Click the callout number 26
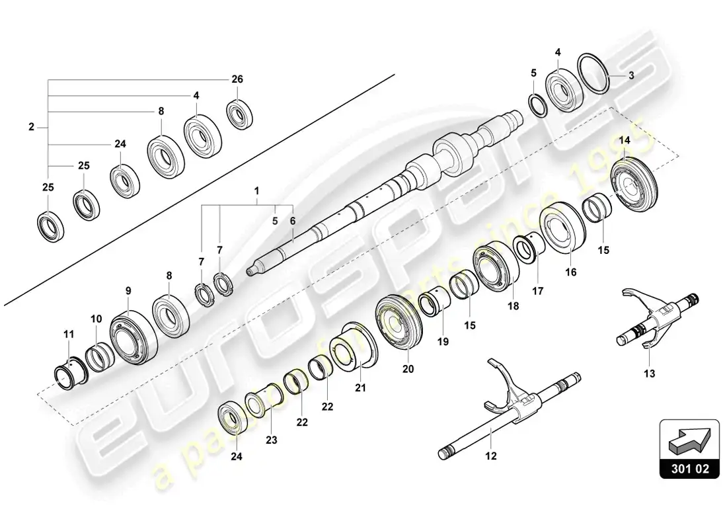(237, 79)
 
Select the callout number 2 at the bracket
(31, 126)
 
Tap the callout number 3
(631, 76)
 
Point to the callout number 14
(625, 140)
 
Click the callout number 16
(571, 272)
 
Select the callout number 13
(649, 374)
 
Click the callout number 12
(490, 456)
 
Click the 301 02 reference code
(690, 470)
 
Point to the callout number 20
(408, 370)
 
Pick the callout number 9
(128, 290)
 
